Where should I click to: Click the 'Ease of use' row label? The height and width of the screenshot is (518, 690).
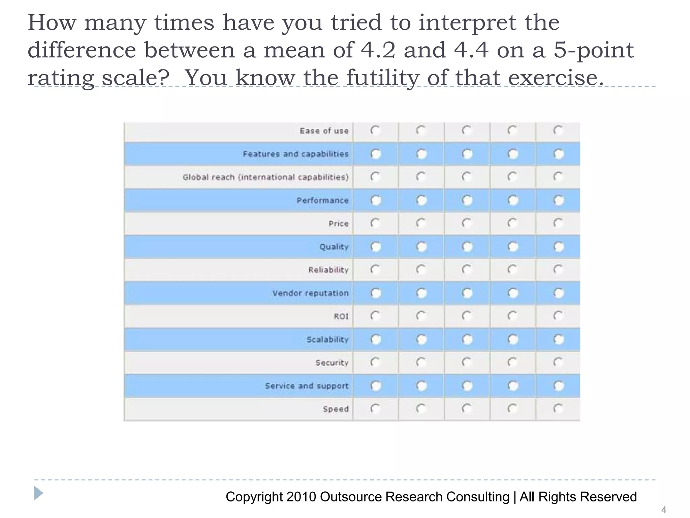point(324,131)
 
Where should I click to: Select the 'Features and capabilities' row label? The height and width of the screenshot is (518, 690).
point(295,154)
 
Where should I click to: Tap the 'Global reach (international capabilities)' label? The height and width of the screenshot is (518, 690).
point(265,177)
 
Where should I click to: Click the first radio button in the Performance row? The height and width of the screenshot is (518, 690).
point(375,200)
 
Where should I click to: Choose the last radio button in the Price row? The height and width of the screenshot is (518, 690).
point(558,223)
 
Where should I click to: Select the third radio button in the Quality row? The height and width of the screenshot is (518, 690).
point(467,247)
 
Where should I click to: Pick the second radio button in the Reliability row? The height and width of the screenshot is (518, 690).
point(421,269)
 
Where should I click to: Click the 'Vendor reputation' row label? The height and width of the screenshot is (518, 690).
point(310,293)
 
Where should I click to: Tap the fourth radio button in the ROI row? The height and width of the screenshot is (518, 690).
point(512,316)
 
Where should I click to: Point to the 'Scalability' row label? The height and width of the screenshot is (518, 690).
point(327,339)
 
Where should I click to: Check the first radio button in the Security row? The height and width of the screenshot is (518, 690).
point(375,362)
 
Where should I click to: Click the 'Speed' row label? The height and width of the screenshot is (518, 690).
point(336,409)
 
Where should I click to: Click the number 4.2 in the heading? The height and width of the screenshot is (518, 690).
point(377,50)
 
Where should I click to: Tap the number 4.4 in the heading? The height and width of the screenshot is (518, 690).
point(471,50)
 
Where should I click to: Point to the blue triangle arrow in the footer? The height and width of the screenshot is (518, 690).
point(39,493)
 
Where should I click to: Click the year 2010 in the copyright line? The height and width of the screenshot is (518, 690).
point(301,497)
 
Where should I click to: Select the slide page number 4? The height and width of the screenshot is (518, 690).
point(663,510)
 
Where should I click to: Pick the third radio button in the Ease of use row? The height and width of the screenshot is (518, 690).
point(467,131)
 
